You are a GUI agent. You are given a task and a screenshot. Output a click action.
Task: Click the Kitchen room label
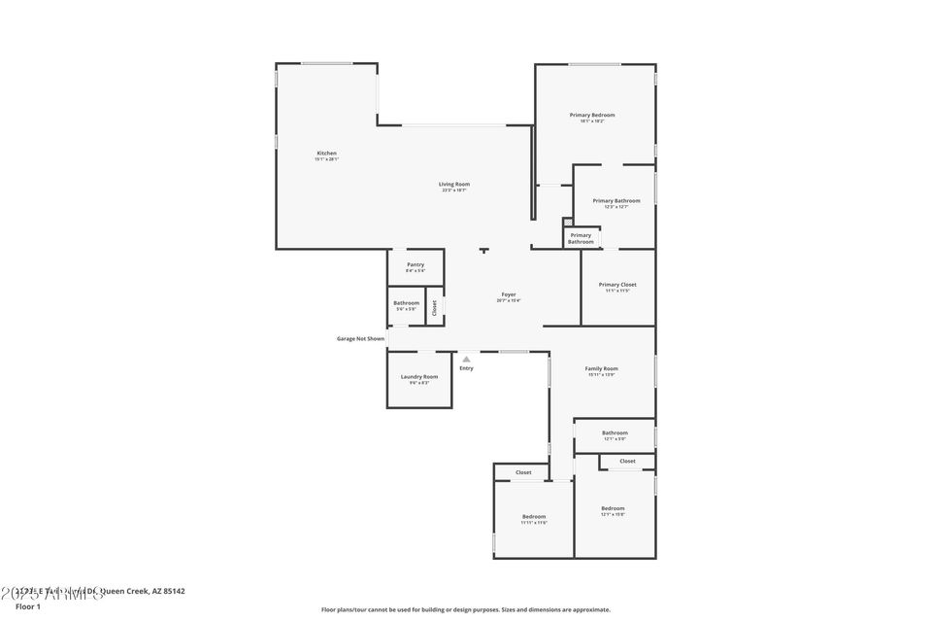point(326,154)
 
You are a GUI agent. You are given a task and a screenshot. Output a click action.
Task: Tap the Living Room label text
point(454,184)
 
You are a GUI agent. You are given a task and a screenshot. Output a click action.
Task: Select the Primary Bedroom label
point(591,115)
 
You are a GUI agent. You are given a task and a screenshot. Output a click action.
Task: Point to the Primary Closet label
point(617,285)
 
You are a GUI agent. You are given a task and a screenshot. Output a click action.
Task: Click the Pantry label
point(416,264)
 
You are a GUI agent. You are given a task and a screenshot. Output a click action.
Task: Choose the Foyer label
point(509,294)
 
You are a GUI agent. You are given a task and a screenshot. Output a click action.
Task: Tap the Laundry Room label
point(418,376)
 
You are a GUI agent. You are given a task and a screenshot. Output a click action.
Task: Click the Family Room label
point(601,368)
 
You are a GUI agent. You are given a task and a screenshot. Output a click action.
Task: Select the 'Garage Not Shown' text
point(360,339)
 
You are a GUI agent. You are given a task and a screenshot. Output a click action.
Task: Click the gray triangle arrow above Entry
point(466,359)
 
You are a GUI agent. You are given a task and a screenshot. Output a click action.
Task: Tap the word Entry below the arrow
point(466,368)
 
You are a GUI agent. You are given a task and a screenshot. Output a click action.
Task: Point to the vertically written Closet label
point(434,307)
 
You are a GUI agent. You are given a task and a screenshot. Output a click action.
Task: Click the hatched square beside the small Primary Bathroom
point(568,223)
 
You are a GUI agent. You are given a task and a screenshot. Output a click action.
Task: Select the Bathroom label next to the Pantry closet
point(406,302)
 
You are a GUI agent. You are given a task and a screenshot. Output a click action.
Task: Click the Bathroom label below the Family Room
point(615,432)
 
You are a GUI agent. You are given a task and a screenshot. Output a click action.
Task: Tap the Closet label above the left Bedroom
point(523,472)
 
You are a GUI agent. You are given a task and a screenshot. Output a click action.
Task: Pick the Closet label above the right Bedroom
point(627,461)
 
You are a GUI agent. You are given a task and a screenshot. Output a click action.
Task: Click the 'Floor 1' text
point(28,605)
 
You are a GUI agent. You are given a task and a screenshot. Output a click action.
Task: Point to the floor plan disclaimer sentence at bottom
point(466,609)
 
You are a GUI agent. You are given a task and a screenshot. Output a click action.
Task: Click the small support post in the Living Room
point(483,251)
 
